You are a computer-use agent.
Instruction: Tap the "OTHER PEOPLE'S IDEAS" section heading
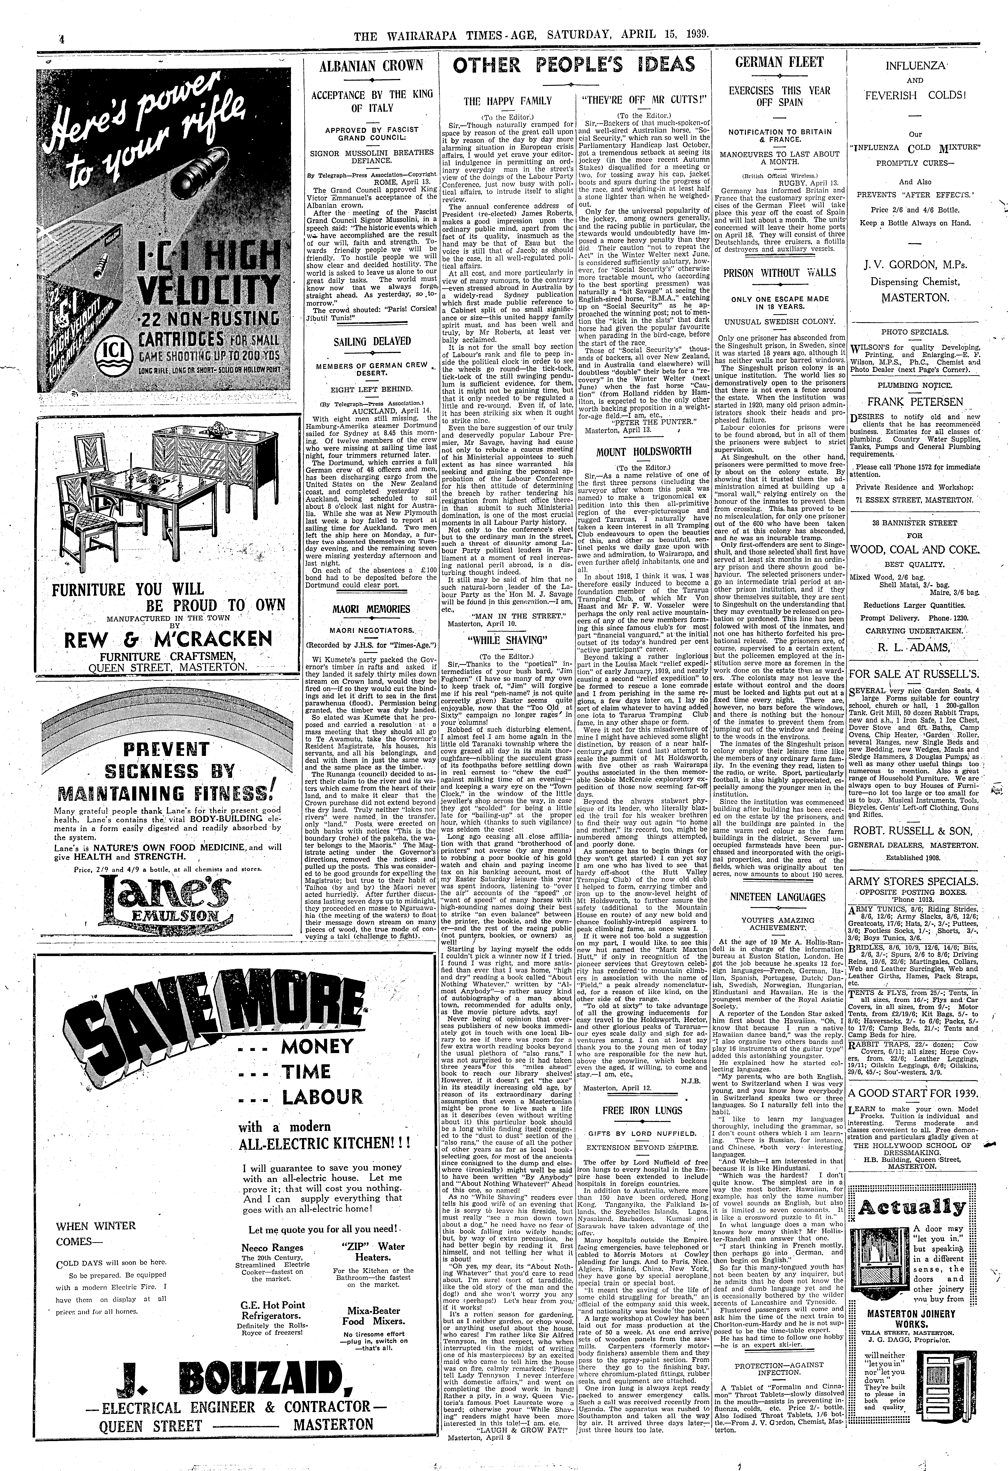575,65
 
